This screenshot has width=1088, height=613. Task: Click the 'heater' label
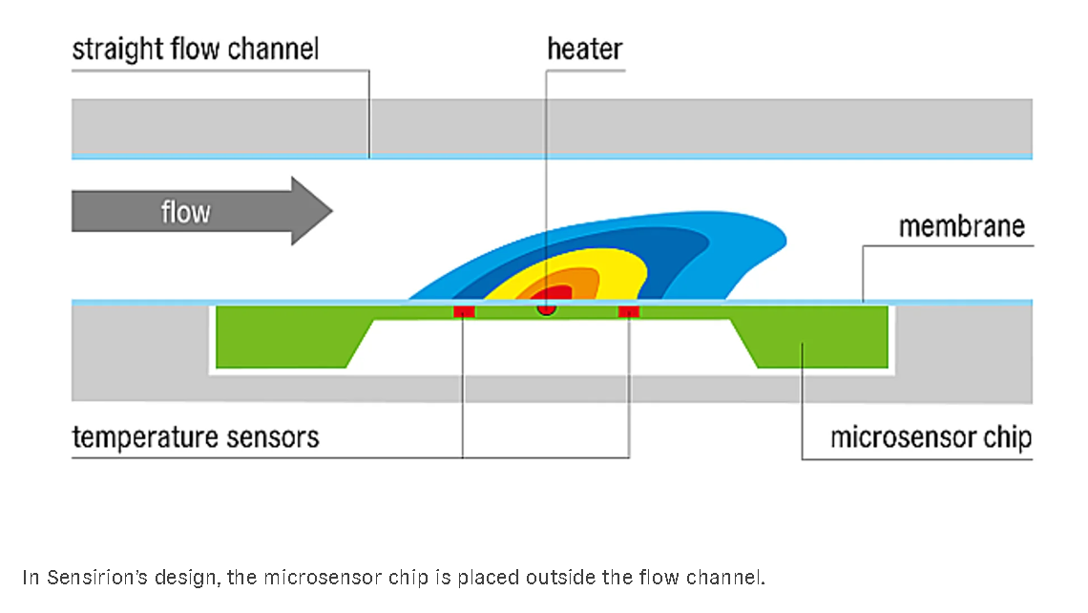(x=584, y=49)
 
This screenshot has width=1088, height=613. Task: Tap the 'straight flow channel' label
(x=196, y=49)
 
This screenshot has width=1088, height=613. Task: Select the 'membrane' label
(x=961, y=227)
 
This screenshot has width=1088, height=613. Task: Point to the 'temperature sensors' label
(x=196, y=438)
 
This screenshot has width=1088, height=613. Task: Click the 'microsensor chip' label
(x=931, y=438)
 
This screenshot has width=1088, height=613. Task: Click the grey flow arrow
(x=200, y=211)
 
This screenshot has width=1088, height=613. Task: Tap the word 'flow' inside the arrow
(x=184, y=211)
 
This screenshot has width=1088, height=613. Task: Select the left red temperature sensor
(x=464, y=311)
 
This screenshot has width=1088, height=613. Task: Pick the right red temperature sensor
(x=629, y=311)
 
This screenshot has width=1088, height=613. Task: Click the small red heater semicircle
(x=546, y=309)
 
